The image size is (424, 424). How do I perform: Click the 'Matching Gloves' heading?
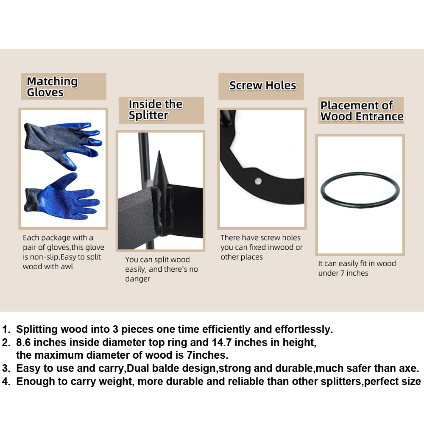[52, 86]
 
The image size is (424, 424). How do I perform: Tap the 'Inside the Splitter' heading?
[156, 109]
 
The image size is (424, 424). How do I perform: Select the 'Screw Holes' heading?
[262, 86]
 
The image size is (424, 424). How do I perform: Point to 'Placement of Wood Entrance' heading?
[362, 111]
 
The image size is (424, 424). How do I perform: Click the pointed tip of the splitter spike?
[159, 151]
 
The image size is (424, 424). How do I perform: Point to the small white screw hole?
[258, 181]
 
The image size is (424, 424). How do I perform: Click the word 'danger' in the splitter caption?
[137, 279]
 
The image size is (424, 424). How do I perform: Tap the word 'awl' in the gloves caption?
[67, 267]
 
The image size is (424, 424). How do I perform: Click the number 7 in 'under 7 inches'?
[342, 273]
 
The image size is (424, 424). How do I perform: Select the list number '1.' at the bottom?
[6, 329]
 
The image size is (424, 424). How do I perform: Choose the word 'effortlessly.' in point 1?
[304, 329]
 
